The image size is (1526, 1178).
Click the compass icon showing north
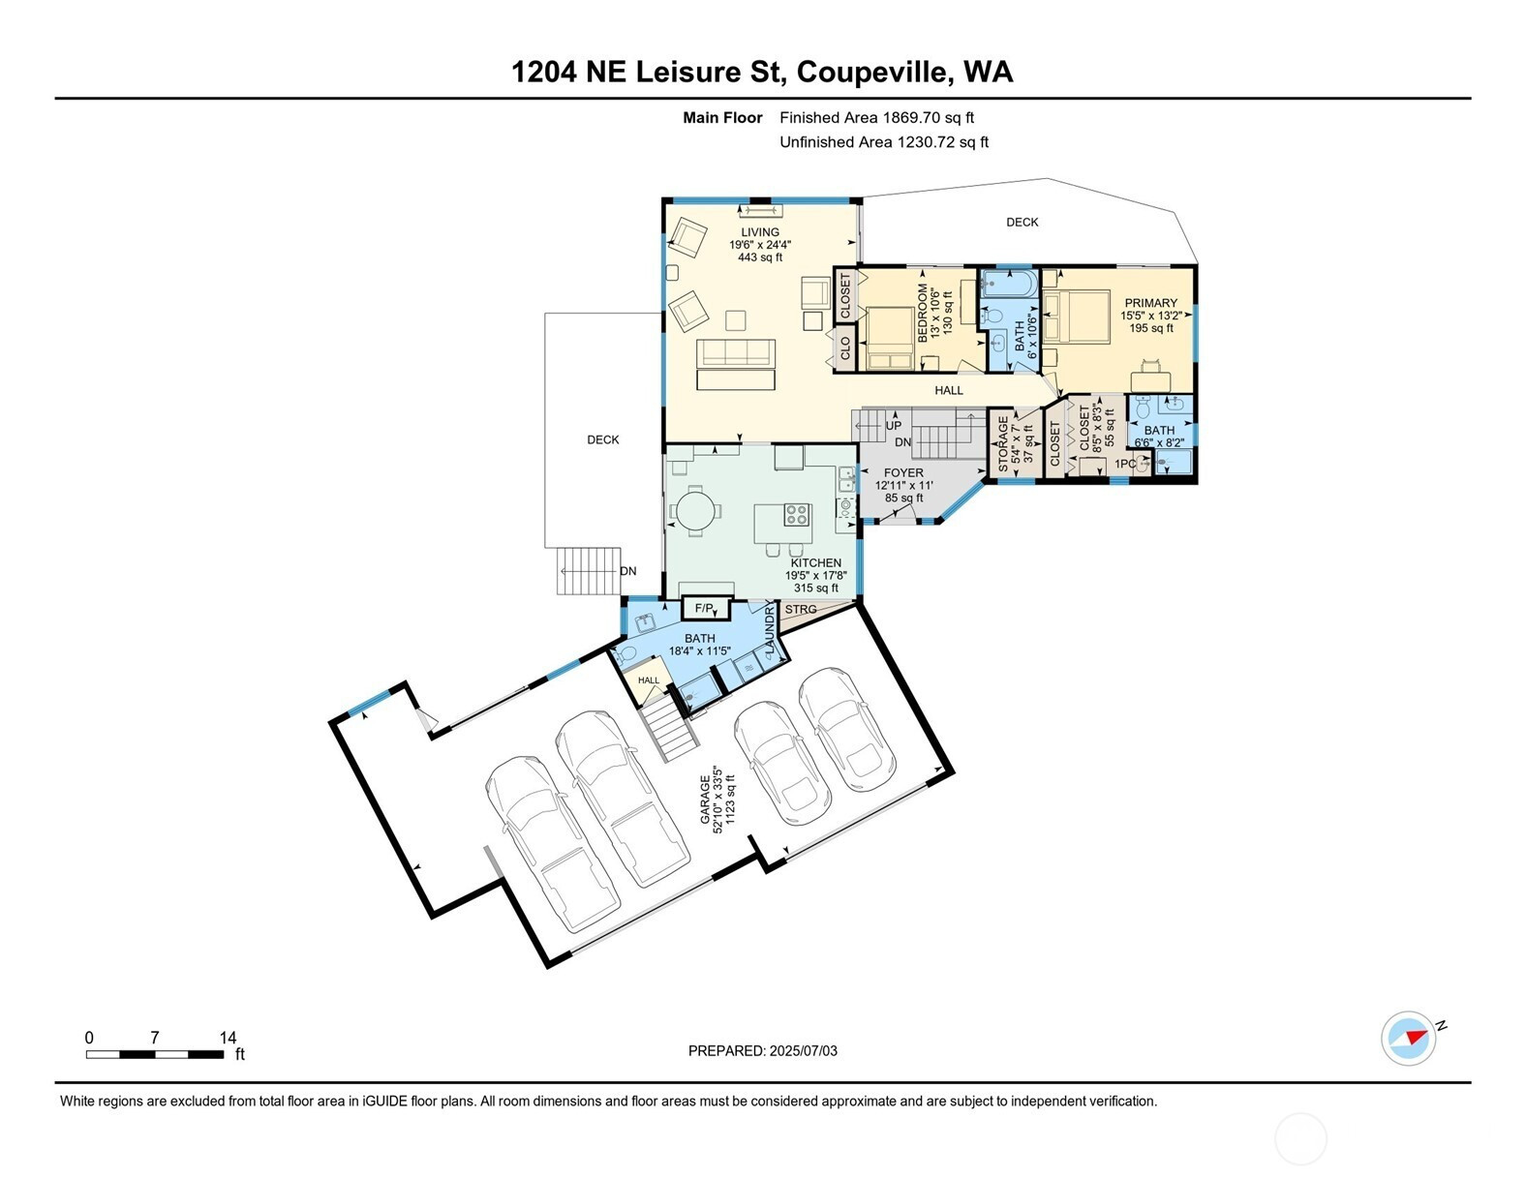pyautogui.click(x=1408, y=1038)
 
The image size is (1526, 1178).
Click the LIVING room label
pyautogui.click(x=760, y=232)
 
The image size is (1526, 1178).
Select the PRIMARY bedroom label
pyautogui.click(x=1150, y=303)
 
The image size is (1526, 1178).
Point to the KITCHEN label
pyautogui.click(x=815, y=563)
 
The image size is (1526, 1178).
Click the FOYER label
pyautogui.click(x=903, y=473)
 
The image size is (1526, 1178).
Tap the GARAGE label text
pyautogui.click(x=704, y=799)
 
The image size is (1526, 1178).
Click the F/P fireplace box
pyautogui.click(x=707, y=609)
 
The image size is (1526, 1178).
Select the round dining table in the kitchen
pyautogui.click(x=694, y=511)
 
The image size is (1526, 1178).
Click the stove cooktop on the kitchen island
pyautogui.click(x=796, y=515)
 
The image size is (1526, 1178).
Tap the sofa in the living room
pyautogui.click(x=736, y=353)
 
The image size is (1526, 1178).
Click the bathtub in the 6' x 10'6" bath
pyautogui.click(x=1009, y=285)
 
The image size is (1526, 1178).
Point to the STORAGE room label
pyautogui.click(x=1003, y=443)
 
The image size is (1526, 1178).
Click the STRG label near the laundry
pyautogui.click(x=801, y=610)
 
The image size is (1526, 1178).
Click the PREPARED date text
pyautogui.click(x=763, y=1051)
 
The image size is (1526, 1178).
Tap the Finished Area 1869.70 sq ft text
pyautogui.click(x=876, y=118)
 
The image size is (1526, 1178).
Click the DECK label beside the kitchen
pyautogui.click(x=602, y=440)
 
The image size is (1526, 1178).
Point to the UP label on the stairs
pyautogui.click(x=894, y=426)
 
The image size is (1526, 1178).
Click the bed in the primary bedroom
pyautogui.click(x=1076, y=317)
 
